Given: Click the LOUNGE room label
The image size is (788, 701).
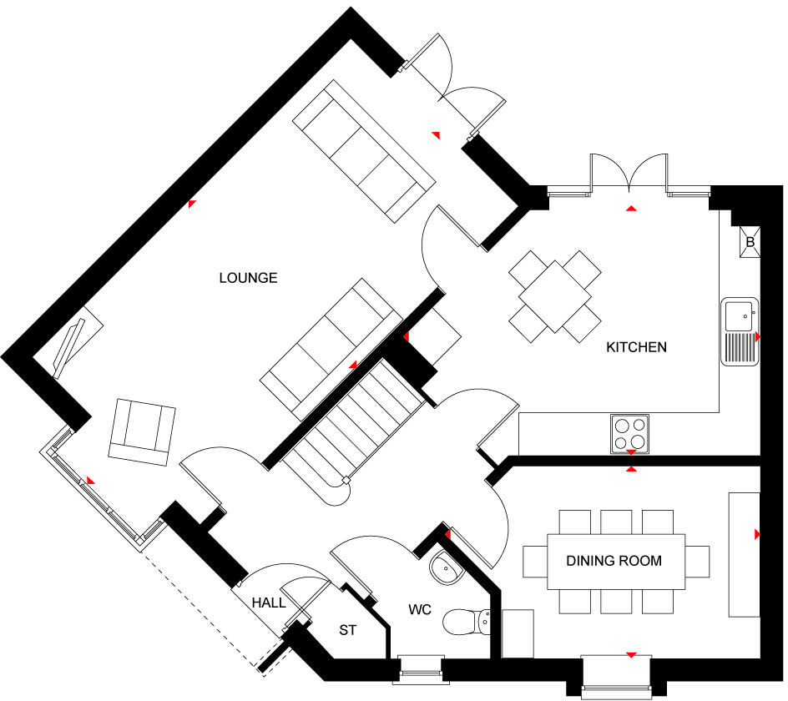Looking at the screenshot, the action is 248,278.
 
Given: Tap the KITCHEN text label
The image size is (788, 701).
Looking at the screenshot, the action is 636,347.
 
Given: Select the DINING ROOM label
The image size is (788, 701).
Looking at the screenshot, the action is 614,561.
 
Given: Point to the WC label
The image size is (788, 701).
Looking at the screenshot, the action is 420,609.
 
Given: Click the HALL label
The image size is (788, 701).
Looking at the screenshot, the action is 268,603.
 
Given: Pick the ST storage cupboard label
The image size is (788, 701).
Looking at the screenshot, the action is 347,630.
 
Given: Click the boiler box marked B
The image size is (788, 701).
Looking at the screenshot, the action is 750,242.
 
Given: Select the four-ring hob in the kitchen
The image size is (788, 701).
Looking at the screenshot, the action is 629,433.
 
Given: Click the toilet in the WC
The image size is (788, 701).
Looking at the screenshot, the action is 467,622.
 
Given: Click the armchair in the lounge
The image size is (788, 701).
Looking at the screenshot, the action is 142,432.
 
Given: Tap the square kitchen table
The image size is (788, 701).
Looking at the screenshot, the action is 555,296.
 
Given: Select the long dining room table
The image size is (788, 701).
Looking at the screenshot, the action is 616,562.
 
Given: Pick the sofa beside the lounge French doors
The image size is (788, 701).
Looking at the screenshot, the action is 364,151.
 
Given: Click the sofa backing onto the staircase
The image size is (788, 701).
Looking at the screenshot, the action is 331,349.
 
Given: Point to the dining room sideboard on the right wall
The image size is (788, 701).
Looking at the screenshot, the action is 745,554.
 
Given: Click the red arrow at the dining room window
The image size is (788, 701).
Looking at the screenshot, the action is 632,655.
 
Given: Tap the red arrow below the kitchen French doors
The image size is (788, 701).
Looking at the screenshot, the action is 632,208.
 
